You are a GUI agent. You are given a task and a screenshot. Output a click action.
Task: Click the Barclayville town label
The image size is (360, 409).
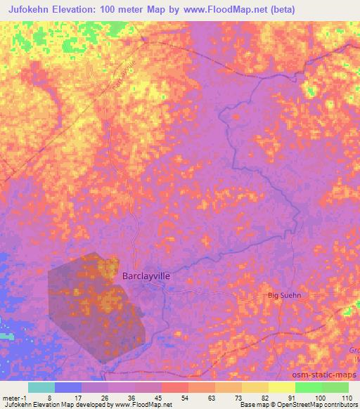pos(146,276)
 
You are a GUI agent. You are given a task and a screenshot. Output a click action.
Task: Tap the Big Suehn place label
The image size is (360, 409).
pos(285,296)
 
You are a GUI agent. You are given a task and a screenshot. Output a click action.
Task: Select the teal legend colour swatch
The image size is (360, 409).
pos(41,387)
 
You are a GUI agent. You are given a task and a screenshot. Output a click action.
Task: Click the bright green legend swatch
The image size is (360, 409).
pos(309,387)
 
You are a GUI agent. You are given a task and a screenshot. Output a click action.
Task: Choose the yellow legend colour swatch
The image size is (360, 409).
pos(282,387)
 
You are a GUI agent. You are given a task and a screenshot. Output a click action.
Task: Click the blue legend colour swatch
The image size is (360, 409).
pos(68,387)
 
